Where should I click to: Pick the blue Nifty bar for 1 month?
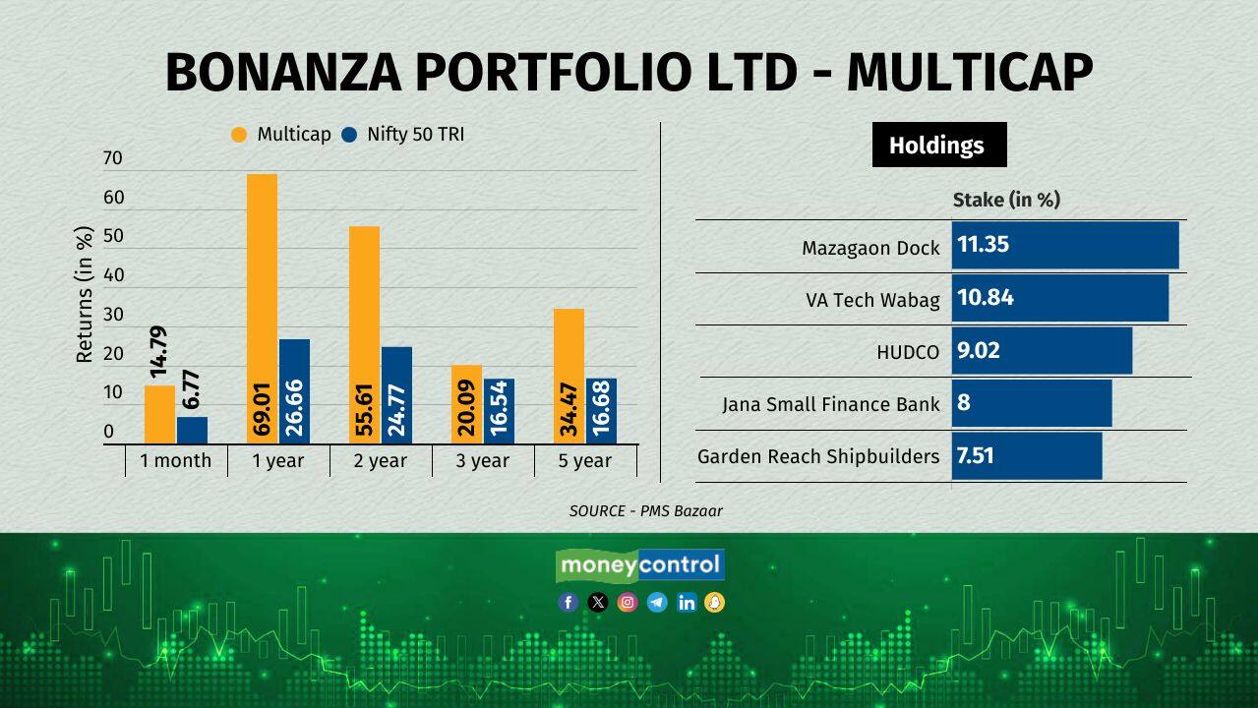[x=193, y=430]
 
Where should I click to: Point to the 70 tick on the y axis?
[x=114, y=158]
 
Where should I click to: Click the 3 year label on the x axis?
[x=483, y=460]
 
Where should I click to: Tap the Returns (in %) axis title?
[x=85, y=294]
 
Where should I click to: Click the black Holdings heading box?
[x=938, y=145]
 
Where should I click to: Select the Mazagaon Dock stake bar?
[x=1065, y=245]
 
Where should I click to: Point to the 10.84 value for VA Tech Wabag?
[x=985, y=297]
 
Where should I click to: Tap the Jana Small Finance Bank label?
[x=830, y=403]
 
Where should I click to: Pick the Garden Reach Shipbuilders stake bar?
[x=1027, y=456]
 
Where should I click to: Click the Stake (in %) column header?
[x=1006, y=200]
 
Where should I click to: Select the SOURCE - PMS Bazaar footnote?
[x=645, y=510]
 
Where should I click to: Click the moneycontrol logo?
[x=640, y=565]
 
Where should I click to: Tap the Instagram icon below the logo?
[x=628, y=603]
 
